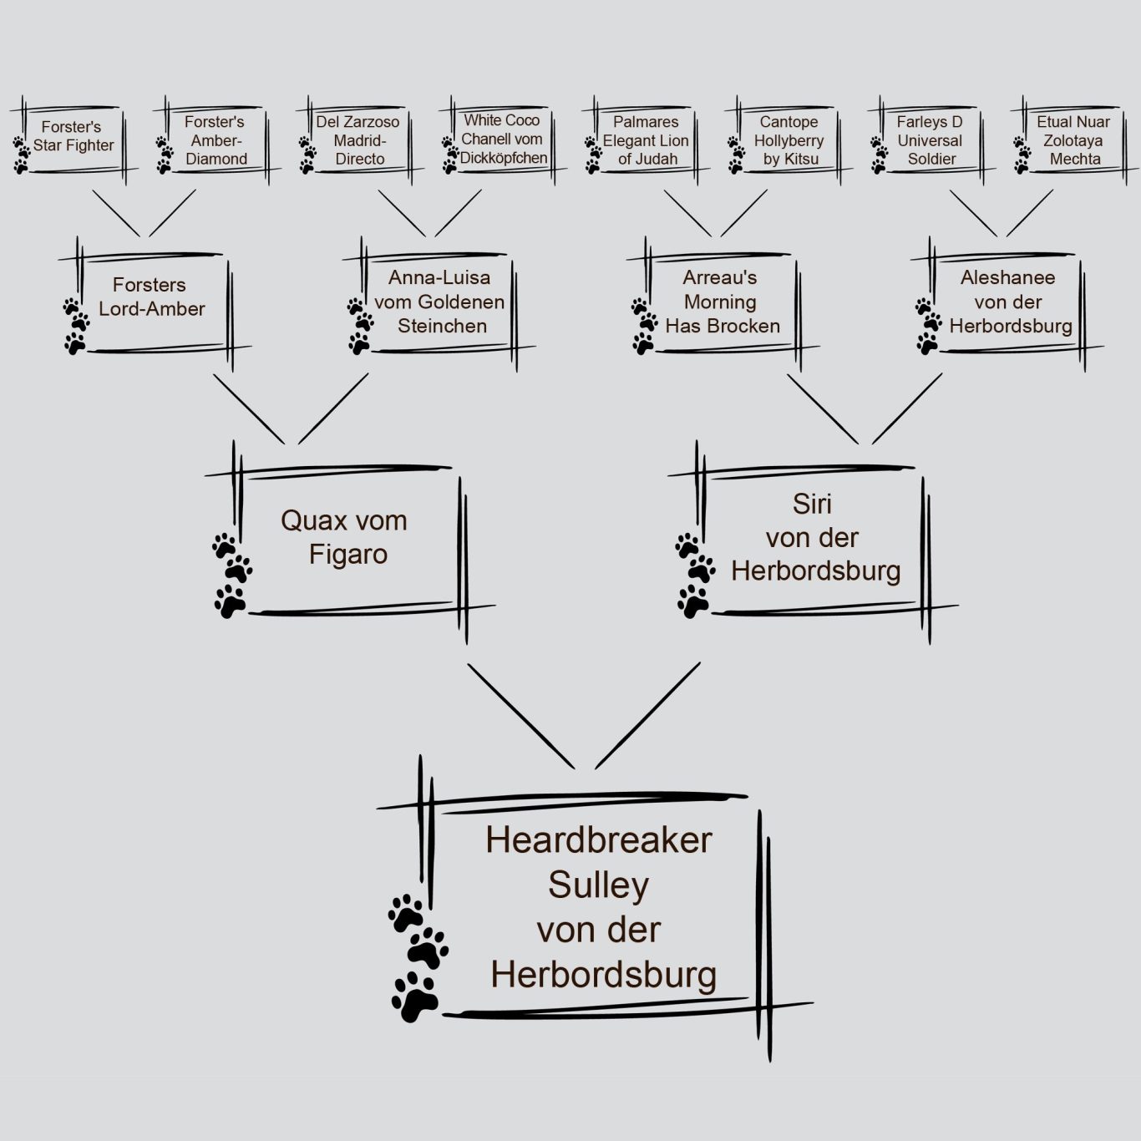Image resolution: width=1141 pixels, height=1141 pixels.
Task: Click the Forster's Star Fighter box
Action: click(x=73, y=137)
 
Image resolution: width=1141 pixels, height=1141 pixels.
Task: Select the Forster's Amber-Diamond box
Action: click(x=216, y=140)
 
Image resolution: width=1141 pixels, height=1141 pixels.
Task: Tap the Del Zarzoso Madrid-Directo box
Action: click(x=358, y=140)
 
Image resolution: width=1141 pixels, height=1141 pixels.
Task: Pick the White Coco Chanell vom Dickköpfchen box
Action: click(x=502, y=139)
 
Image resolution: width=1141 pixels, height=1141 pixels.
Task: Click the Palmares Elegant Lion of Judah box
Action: click(x=646, y=140)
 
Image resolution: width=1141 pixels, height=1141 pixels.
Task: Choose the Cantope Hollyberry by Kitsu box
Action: click(x=789, y=140)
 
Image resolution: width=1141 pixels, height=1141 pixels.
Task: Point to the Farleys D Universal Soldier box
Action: click(x=931, y=140)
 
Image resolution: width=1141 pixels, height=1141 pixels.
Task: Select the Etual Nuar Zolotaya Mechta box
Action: click(x=1074, y=140)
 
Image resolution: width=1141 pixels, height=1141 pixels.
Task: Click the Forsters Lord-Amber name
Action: click(x=151, y=297)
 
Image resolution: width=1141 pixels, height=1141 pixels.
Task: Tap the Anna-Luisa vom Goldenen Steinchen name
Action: click(x=440, y=302)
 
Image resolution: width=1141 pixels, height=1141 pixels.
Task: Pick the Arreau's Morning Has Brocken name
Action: click(x=722, y=302)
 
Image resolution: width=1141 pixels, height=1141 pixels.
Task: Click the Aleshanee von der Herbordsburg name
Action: click(x=1009, y=302)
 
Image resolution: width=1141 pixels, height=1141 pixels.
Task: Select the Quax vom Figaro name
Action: click(x=345, y=537)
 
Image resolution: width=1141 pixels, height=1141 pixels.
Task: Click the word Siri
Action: click(x=812, y=505)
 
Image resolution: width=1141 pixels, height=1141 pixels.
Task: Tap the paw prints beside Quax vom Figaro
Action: click(x=231, y=575)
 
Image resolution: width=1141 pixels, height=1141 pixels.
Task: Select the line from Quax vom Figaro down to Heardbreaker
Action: click(x=520, y=716)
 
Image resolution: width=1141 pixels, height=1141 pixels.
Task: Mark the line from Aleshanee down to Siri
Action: click(x=907, y=408)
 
